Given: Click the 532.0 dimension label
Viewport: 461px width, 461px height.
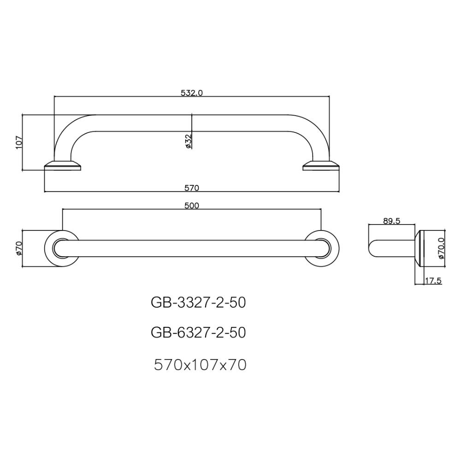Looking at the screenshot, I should tap(191, 93).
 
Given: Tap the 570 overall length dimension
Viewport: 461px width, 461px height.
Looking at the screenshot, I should tap(191, 188).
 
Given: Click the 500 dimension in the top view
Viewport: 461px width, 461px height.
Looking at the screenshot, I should tap(191, 206).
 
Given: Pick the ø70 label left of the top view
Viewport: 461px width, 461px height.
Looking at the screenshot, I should tap(19, 248).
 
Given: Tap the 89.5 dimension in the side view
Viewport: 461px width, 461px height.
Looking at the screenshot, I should tap(391, 221).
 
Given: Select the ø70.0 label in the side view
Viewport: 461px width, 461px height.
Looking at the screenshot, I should tap(441, 248).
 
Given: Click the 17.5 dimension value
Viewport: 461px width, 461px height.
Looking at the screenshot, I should tap(433, 280).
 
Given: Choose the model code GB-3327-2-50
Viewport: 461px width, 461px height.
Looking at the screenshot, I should tap(198, 302).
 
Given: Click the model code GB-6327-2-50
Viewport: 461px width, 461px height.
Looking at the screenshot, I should tap(198, 332).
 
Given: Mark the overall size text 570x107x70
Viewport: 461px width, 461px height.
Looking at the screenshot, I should tap(200, 365).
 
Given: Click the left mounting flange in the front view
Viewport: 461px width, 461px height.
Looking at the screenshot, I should tap(63, 165).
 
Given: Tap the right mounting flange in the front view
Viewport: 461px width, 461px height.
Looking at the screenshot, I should tap(321, 165).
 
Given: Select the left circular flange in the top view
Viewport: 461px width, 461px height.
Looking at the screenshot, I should tap(61, 248).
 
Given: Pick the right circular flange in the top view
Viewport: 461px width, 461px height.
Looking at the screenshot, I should tap(322, 248).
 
